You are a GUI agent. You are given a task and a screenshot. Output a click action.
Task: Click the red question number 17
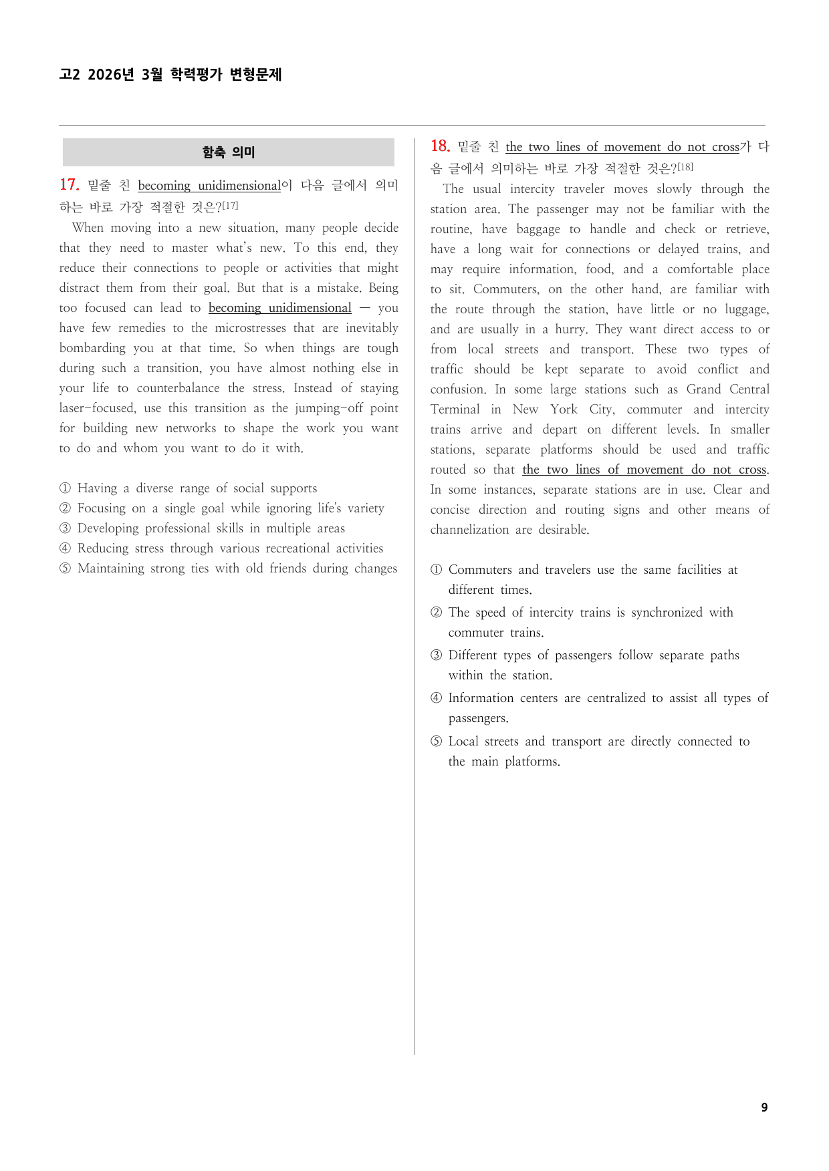coord(69,185)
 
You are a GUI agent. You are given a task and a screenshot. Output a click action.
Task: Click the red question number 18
coord(440,146)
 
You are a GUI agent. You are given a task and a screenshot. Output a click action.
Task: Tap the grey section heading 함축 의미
coord(229,152)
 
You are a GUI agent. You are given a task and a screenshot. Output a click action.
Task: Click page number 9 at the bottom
coord(764,1108)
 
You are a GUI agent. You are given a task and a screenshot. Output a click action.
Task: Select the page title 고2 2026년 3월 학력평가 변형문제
coord(170,74)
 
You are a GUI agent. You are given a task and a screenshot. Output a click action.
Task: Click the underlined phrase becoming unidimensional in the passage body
coord(279,308)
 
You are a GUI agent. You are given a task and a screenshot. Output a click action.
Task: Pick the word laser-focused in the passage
coord(97,408)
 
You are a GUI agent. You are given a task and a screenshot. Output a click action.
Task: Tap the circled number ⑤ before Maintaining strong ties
coord(65,568)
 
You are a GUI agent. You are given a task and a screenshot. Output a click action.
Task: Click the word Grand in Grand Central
coord(703,389)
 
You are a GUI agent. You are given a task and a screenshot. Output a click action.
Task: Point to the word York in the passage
coord(564,409)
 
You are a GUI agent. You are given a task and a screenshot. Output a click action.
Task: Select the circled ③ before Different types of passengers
coord(436,655)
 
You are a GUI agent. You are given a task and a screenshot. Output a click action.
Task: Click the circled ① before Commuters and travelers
coord(436,570)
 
